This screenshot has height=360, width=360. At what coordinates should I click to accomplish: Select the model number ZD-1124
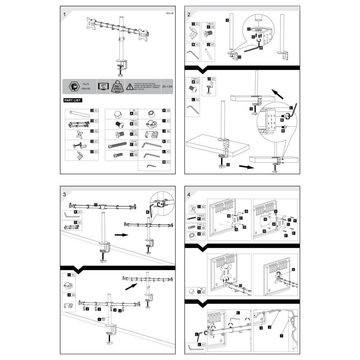[167, 87]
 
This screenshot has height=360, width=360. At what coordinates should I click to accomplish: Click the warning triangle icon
[129, 87]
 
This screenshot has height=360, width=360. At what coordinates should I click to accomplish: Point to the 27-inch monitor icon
[103, 87]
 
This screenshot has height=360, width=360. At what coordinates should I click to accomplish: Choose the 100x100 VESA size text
[86, 89]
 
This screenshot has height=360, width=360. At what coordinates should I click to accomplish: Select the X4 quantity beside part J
[168, 131]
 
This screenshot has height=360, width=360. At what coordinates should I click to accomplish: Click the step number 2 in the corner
[189, 15]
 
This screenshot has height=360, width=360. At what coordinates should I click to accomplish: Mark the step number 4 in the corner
[189, 194]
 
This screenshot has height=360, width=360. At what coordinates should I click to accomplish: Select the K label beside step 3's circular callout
[148, 211]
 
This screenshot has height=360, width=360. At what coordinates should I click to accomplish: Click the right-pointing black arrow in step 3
[121, 235]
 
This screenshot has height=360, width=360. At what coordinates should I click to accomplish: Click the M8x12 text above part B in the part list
[134, 120]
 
